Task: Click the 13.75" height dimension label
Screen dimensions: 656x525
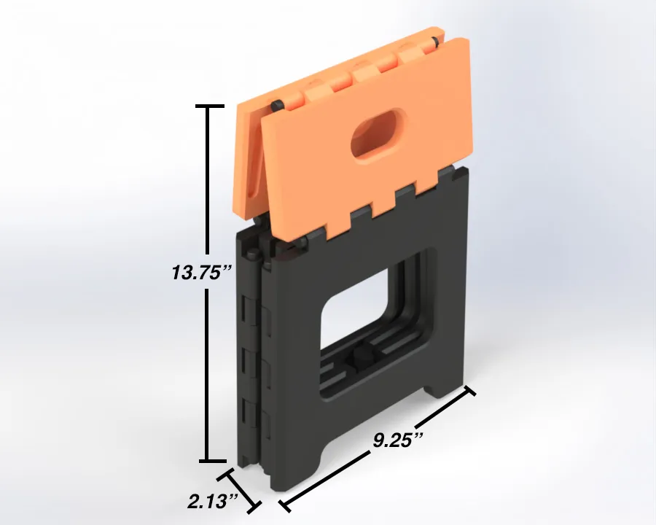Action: tap(201, 272)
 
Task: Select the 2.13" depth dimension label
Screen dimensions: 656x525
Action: tap(213, 501)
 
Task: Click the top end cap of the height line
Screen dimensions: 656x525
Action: tap(210, 106)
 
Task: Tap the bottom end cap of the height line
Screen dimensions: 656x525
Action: tap(213, 461)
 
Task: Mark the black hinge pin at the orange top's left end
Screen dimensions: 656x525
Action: tap(277, 105)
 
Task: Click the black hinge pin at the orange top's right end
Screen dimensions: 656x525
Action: tap(436, 41)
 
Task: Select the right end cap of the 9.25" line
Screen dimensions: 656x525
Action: tap(469, 391)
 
